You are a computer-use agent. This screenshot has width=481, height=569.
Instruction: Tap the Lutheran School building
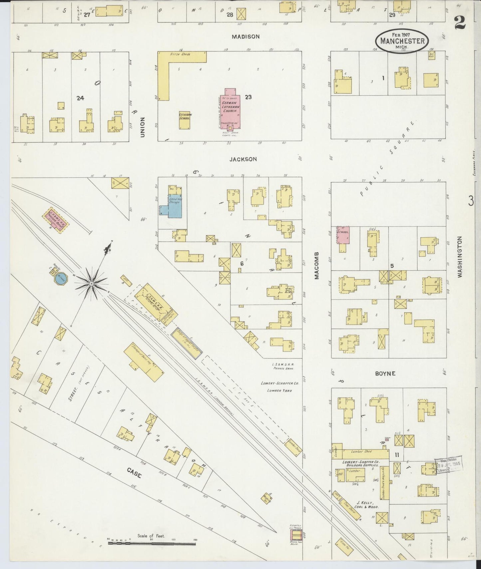pos(184,120)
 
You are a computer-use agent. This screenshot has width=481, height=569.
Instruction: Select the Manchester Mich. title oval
pos(402,41)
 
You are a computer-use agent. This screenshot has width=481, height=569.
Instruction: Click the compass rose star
pos(91,283)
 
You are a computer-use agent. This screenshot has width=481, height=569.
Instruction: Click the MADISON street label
pos(246,37)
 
